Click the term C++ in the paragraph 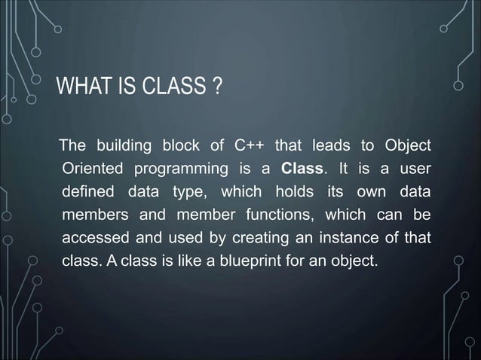tap(247, 145)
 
